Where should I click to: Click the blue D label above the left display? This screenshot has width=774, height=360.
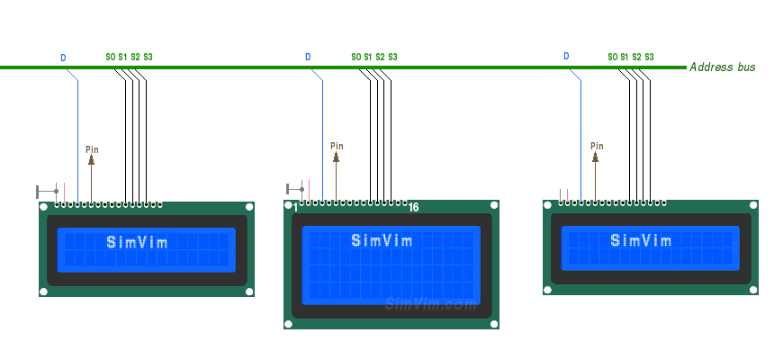click(x=63, y=58)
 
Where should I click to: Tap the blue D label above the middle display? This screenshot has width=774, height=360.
click(x=308, y=58)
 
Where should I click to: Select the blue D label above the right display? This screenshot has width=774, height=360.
click(x=566, y=57)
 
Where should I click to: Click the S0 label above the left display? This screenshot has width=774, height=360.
click(x=110, y=58)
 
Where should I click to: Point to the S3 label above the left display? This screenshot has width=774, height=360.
click(x=148, y=58)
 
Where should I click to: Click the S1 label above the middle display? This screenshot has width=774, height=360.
click(x=367, y=58)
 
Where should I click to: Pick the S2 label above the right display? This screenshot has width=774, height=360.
click(x=636, y=58)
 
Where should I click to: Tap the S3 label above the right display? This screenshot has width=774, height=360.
click(x=649, y=58)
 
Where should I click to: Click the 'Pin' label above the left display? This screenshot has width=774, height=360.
click(x=92, y=149)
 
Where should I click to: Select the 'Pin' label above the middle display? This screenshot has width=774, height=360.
click(x=337, y=146)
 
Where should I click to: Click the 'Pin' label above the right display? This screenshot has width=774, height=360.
click(x=597, y=146)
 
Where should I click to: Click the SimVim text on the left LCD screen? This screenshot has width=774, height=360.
click(x=137, y=241)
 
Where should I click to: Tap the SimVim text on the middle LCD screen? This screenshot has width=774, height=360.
click(x=382, y=240)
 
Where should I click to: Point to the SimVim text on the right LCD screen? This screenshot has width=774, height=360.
click(x=641, y=240)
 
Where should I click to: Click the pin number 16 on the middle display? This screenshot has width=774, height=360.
click(x=413, y=208)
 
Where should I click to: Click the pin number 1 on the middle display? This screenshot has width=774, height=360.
click(x=295, y=208)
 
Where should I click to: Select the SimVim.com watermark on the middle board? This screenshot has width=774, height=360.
click(x=430, y=304)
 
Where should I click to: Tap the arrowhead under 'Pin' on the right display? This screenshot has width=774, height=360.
click(x=596, y=157)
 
